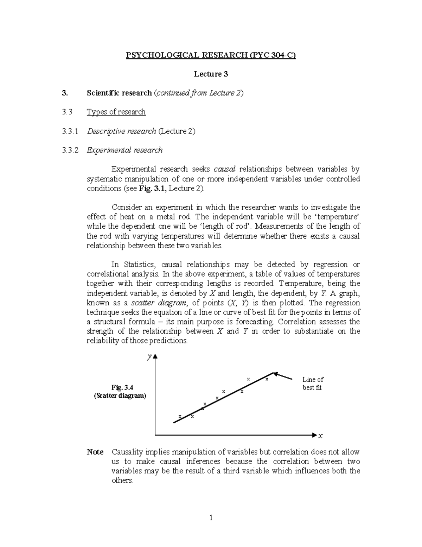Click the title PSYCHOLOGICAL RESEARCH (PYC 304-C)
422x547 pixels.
click(211, 55)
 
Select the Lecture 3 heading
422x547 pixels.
click(211, 74)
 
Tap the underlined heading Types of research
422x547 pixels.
click(116, 112)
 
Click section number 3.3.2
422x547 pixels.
click(69, 150)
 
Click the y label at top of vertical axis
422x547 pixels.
click(149, 356)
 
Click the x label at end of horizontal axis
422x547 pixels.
click(320, 436)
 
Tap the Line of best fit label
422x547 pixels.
click(313, 384)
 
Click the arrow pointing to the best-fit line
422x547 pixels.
click(283, 376)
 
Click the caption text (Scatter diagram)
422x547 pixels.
click(120, 396)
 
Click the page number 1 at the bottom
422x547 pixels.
click(211, 518)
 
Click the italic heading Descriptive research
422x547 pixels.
click(121, 131)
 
